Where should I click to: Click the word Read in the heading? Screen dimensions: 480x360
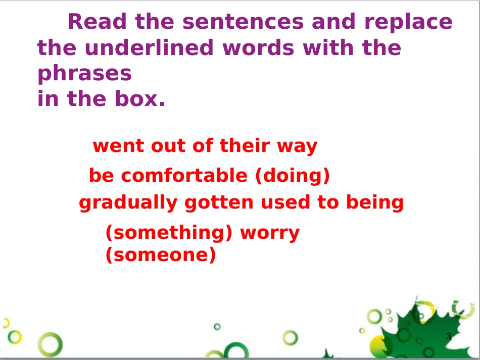pyautogui.click(x=97, y=21)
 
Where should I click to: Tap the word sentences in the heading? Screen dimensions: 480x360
pyautogui.click(x=243, y=22)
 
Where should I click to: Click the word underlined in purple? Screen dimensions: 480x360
pyautogui.click(x=149, y=47)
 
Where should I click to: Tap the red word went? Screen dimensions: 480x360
pyautogui.click(x=119, y=146)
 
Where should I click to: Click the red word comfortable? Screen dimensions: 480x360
pyautogui.click(x=184, y=175)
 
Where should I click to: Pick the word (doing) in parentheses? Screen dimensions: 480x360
pyautogui.click(x=292, y=176)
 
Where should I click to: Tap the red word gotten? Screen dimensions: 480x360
pyautogui.click(x=219, y=202)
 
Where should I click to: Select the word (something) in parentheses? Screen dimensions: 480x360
pyautogui.click(x=169, y=233)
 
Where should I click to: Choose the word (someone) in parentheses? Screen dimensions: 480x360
pyautogui.click(x=161, y=255)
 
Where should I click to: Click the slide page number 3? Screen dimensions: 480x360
pyautogui.click(x=449, y=336)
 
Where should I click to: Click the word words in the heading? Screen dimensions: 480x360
pyautogui.click(x=258, y=48)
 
